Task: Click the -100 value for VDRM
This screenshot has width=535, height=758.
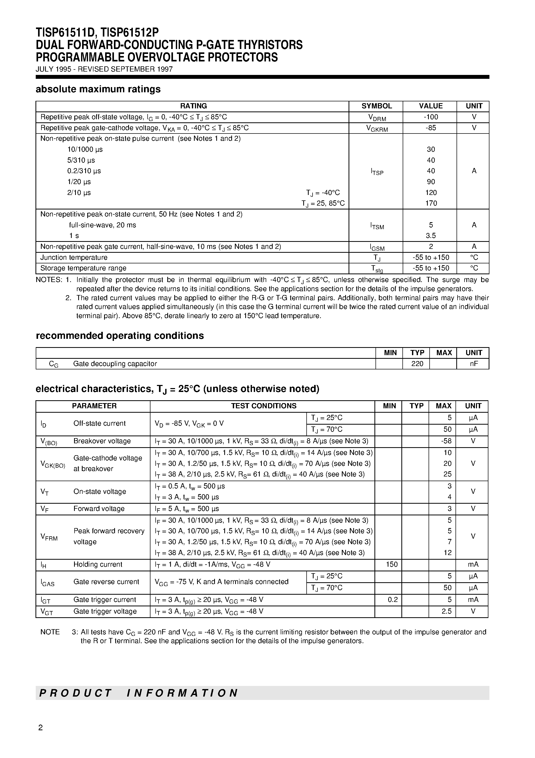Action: (x=431, y=117)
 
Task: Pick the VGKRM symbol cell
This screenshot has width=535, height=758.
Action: (x=377, y=128)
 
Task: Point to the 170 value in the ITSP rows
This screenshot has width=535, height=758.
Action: (x=431, y=203)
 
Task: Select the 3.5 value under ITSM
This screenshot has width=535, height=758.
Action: (x=431, y=235)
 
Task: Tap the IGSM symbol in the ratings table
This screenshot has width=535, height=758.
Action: (x=377, y=247)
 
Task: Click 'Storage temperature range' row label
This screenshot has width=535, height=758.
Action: (x=83, y=268)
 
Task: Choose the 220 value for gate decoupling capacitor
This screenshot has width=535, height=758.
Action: (x=417, y=363)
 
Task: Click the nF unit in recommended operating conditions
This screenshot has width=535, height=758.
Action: (x=474, y=363)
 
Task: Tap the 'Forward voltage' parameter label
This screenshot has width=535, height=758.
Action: (x=99, y=509)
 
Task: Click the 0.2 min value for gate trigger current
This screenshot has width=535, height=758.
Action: (x=393, y=600)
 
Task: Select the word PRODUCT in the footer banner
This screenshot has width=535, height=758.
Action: (x=76, y=693)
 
